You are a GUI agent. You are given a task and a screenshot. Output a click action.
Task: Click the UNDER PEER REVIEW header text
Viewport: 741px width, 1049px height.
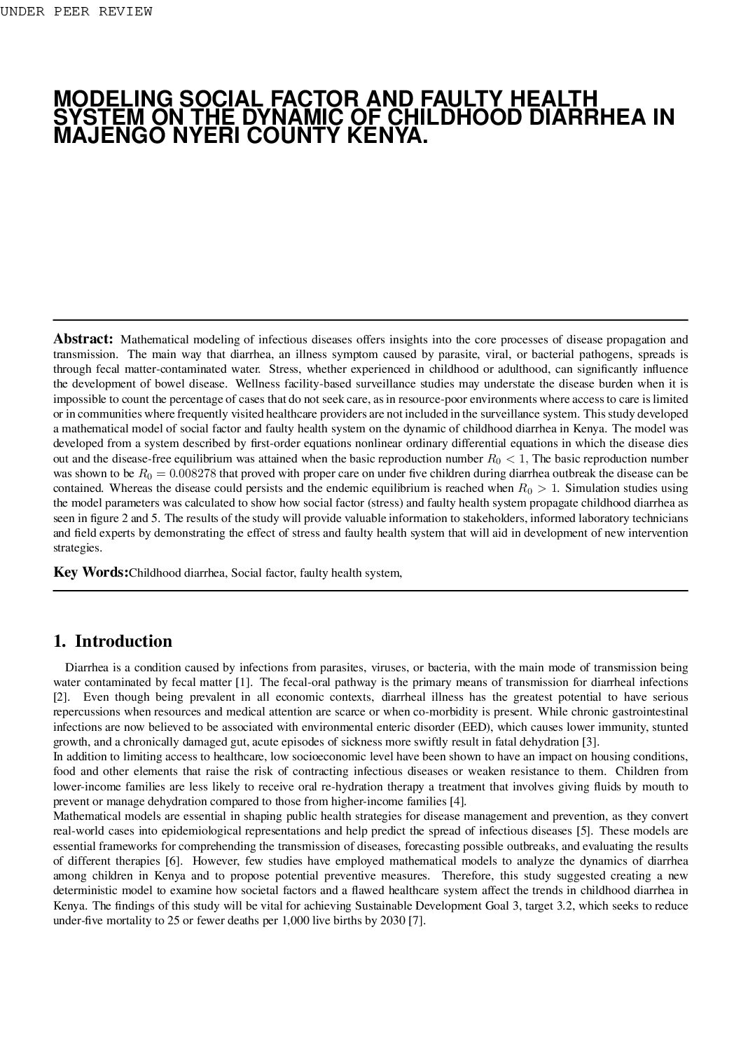click(76, 12)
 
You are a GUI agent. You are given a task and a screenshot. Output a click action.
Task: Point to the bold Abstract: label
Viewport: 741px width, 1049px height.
click(83, 339)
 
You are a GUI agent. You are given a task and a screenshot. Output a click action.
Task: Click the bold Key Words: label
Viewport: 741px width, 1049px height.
click(91, 573)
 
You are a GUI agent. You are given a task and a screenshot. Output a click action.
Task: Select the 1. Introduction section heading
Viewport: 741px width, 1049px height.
click(113, 641)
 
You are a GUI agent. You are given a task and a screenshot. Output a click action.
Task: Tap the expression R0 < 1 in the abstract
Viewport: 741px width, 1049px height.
click(508, 459)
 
